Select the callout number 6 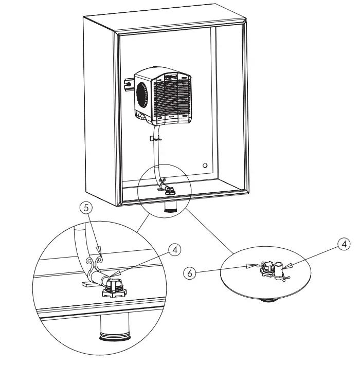[190, 274]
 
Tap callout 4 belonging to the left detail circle [175, 249]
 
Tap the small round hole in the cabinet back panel [205, 166]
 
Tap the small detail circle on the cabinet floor [164, 184]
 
